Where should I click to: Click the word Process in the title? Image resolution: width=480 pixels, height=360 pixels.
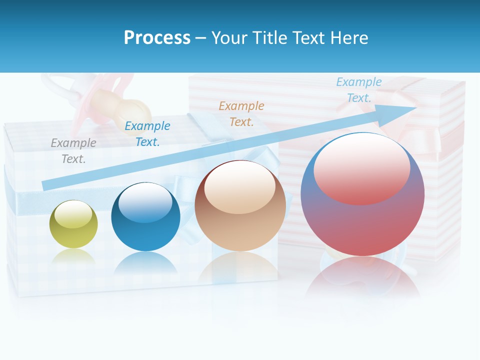[x=157, y=38]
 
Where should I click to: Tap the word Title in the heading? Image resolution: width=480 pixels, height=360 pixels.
[x=270, y=38]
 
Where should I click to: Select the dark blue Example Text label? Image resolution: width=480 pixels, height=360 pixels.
[x=147, y=134]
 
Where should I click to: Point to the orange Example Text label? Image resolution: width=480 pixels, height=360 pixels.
[x=241, y=113]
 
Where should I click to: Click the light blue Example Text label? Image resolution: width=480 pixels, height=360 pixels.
[x=358, y=90]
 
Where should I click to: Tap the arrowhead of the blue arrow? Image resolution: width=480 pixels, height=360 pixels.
[x=400, y=111]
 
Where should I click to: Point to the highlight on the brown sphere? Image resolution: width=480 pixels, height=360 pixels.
[x=239, y=187]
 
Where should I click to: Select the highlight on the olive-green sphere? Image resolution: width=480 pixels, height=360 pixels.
[x=73, y=215]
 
